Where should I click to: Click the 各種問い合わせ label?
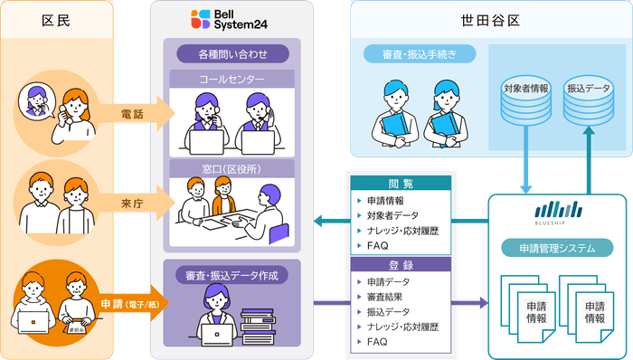[x=231, y=53]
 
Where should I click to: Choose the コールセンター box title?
[x=231, y=79]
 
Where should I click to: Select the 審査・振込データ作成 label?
[x=231, y=274]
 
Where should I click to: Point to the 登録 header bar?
[x=400, y=265]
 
